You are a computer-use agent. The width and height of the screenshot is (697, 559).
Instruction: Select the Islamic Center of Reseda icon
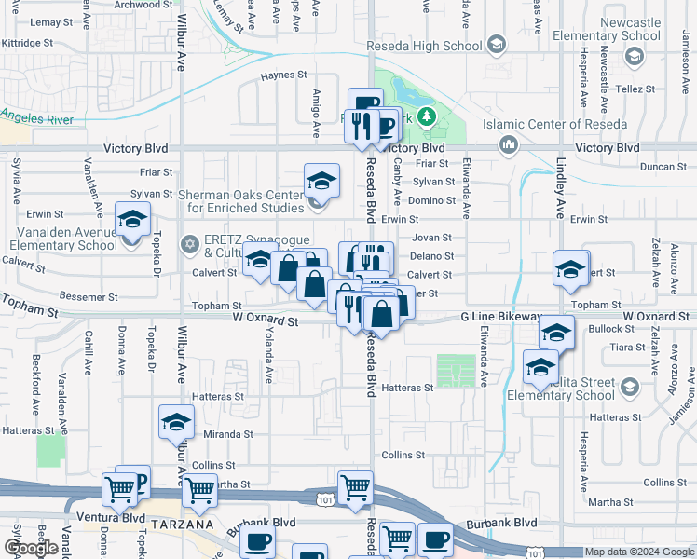[509, 143]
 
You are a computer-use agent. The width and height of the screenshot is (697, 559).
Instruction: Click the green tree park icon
[427, 116]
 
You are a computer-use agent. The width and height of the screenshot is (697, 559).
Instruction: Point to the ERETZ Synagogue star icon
[190, 244]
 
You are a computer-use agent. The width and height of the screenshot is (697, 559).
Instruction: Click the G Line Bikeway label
[500, 318]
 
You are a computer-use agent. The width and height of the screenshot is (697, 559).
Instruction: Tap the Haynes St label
[283, 75]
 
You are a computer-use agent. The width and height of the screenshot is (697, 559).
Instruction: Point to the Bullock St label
[610, 330]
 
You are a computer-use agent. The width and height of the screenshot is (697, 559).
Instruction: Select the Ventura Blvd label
[117, 518]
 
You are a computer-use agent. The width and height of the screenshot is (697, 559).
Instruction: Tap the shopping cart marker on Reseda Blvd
[355, 487]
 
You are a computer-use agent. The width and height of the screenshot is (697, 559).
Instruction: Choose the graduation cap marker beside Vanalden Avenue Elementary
[131, 219]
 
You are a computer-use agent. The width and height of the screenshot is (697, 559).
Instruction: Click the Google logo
[32, 549]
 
